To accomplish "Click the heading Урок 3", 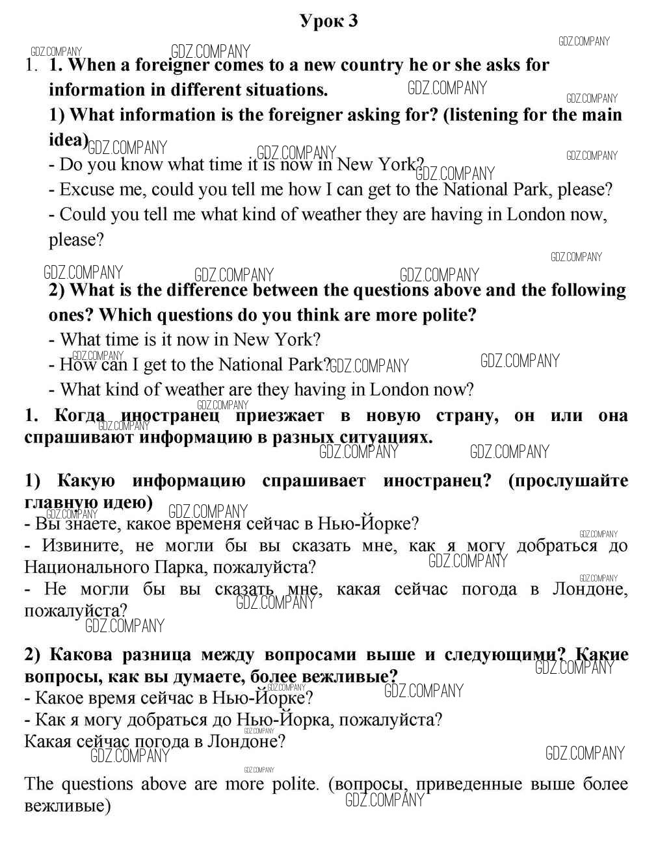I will tap(328, 21).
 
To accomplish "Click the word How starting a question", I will tap(76, 364).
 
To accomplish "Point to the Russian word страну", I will tap(467, 416).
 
